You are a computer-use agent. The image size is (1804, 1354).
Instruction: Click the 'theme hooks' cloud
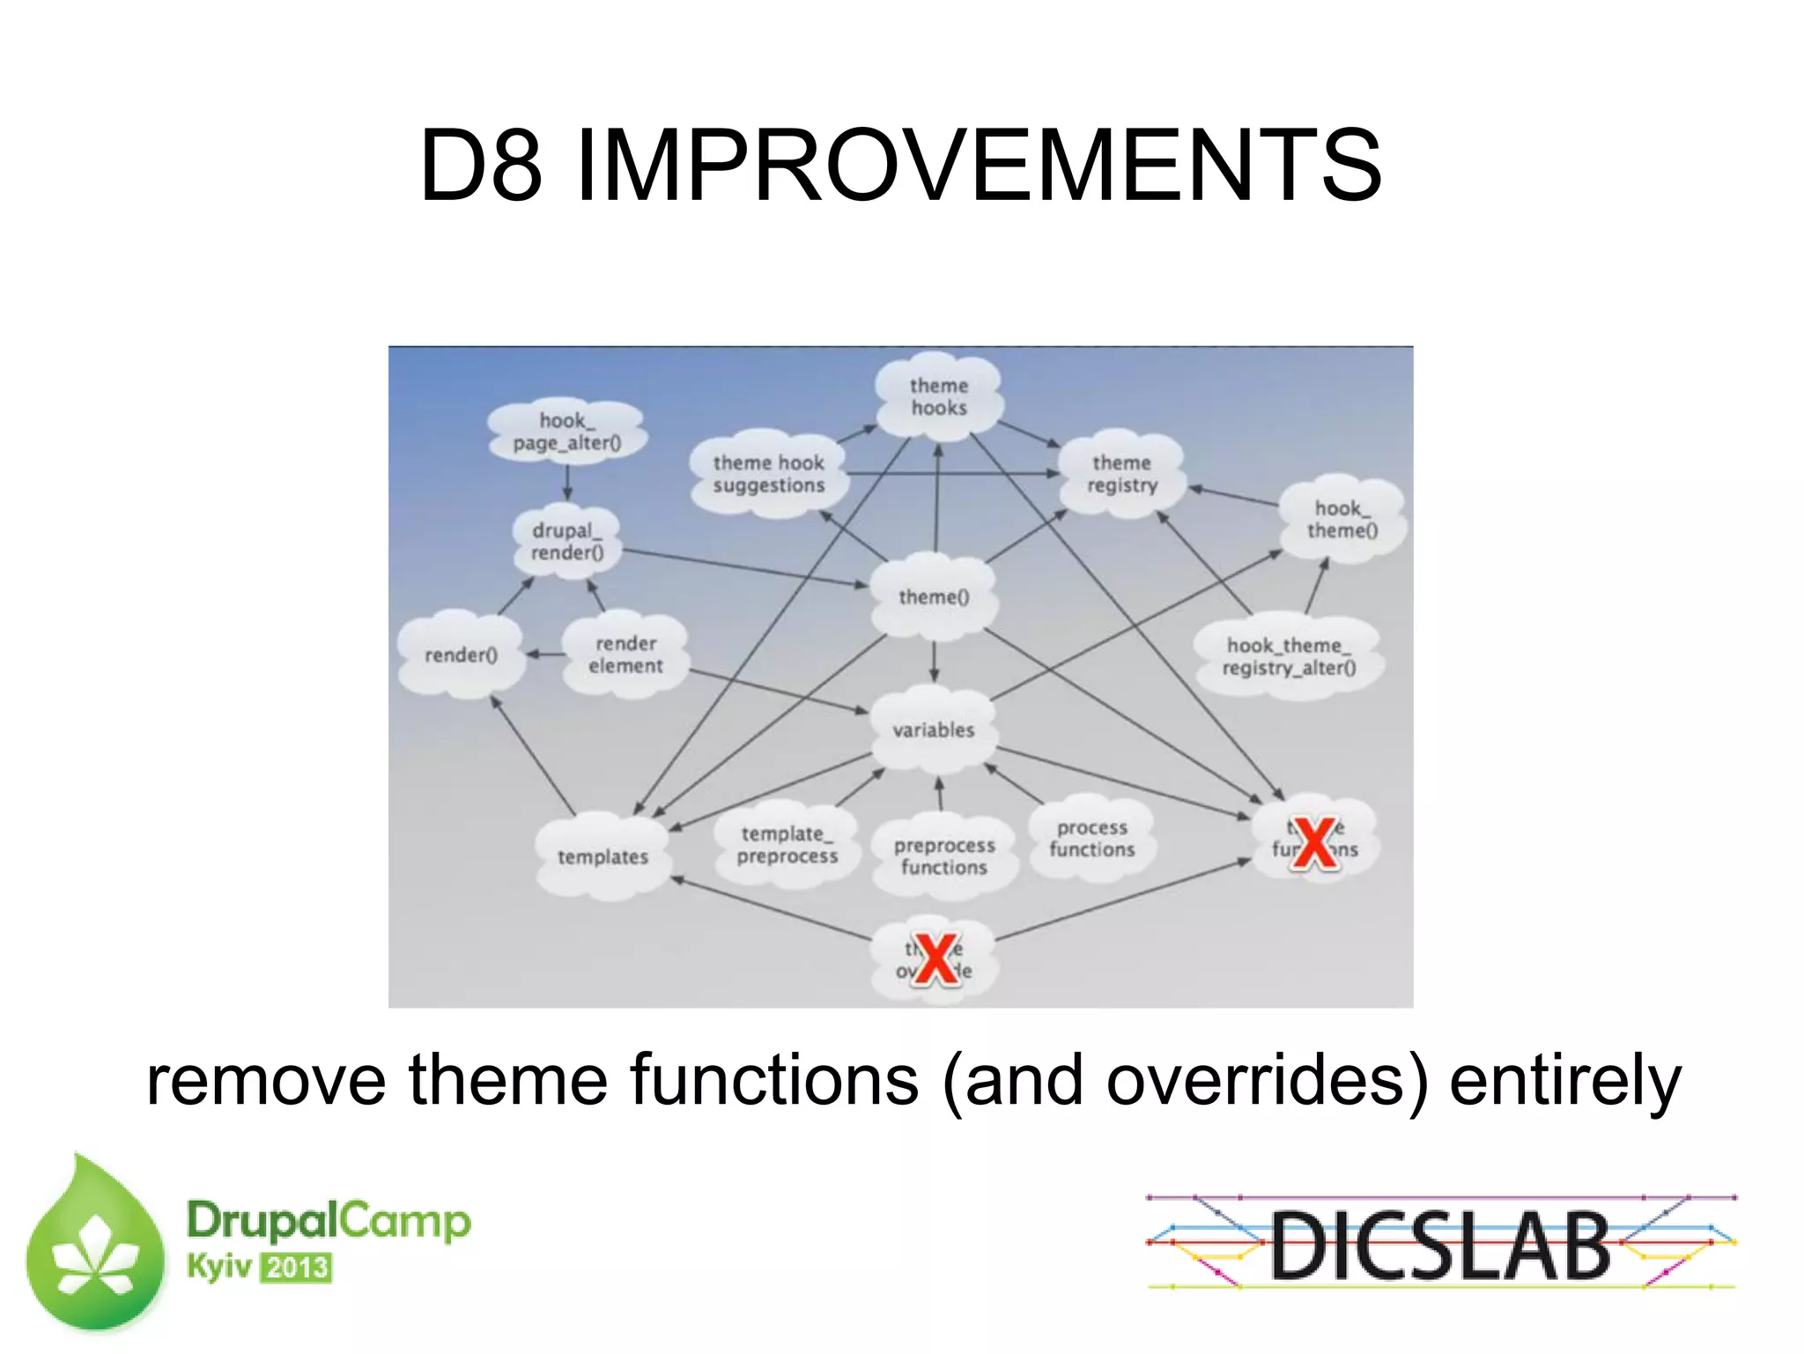click(x=939, y=396)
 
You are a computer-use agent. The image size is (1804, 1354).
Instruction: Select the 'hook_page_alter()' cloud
click(x=566, y=431)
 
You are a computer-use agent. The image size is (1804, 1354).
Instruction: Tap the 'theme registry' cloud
click(x=1121, y=474)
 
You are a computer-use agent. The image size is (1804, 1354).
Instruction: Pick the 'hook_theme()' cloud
click(x=1342, y=519)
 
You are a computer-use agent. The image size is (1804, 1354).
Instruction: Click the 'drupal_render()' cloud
click(x=567, y=541)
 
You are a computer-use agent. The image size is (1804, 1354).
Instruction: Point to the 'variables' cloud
click(x=934, y=729)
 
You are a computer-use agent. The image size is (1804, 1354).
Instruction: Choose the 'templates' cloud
click(x=603, y=856)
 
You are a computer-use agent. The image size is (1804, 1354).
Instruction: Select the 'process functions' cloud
click(x=1092, y=839)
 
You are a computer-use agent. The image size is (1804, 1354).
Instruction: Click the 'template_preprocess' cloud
click(x=787, y=845)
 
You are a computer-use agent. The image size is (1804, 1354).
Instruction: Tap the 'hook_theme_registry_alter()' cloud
click(x=1289, y=656)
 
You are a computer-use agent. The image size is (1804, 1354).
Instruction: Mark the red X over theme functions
click(x=1314, y=843)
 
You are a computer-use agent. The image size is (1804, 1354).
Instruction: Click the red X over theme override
click(x=935, y=959)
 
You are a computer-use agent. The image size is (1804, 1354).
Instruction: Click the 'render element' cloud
click(x=625, y=655)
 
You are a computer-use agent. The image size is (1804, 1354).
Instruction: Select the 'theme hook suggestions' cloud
click(x=769, y=474)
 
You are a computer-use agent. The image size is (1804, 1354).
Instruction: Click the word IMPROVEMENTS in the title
click(x=978, y=165)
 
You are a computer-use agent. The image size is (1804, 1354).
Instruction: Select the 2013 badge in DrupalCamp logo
click(x=297, y=1268)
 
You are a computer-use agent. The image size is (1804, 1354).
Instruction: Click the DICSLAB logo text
click(x=1440, y=1245)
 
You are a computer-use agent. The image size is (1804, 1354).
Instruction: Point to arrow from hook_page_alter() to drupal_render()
click(x=566, y=482)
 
